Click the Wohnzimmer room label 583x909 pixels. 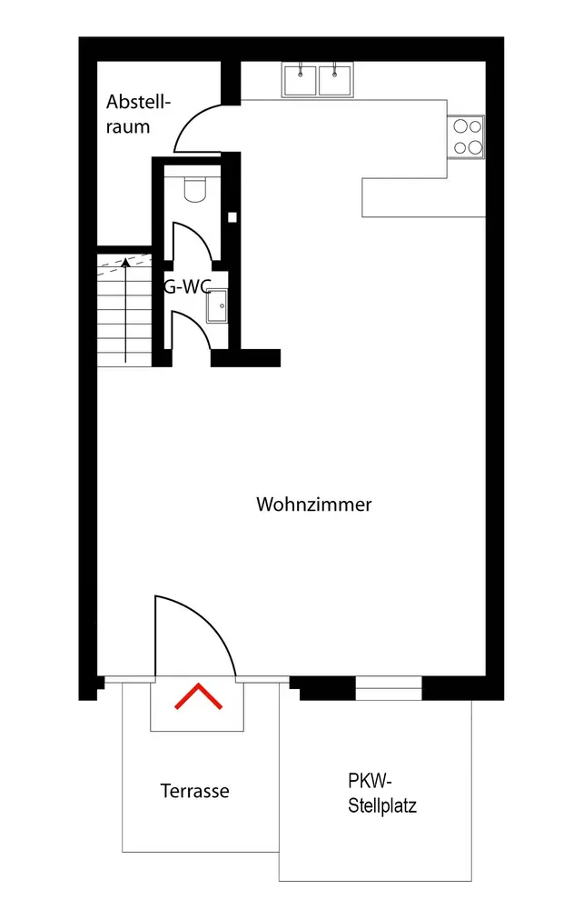click(x=314, y=504)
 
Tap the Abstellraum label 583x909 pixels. click(x=138, y=115)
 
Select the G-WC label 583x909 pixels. click(x=186, y=285)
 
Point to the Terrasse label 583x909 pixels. click(x=194, y=791)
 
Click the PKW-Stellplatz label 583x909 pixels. click(x=382, y=793)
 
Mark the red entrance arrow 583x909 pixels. click(x=199, y=696)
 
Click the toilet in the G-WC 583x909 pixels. click(x=195, y=189)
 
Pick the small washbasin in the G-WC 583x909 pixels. click(x=217, y=306)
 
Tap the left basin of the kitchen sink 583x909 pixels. click(x=300, y=80)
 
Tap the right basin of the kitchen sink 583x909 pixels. click(x=335, y=80)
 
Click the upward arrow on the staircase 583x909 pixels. click(x=125, y=310)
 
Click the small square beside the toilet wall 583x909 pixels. click(x=232, y=217)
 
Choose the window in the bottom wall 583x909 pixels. click(x=389, y=688)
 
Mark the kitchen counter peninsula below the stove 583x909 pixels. click(x=423, y=197)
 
